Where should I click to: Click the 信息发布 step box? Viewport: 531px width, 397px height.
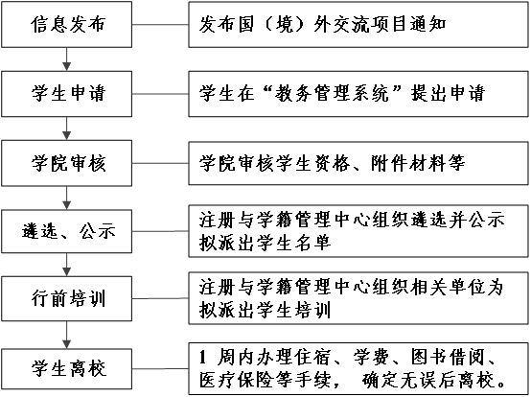click(x=66, y=24)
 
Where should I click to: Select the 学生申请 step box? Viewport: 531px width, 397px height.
click(x=66, y=94)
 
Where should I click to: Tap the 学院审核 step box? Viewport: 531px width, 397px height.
click(x=66, y=163)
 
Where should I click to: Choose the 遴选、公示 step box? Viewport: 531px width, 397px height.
click(x=66, y=231)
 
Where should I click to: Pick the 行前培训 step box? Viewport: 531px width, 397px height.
click(x=66, y=298)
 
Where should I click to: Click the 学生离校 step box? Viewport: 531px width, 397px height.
click(x=66, y=369)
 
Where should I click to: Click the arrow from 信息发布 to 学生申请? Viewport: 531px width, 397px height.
click(x=67, y=59)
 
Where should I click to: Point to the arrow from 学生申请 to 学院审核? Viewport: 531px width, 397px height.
click(x=67, y=128)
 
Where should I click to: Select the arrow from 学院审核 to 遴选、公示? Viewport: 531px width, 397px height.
click(x=67, y=198)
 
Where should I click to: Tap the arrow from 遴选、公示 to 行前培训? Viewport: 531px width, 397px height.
click(x=67, y=265)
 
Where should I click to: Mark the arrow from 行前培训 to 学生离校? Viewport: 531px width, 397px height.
click(x=67, y=335)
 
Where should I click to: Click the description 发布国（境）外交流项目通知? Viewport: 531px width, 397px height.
click(x=322, y=24)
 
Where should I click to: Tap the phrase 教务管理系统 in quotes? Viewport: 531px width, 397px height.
click(x=332, y=93)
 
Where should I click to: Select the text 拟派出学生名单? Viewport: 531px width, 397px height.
click(x=265, y=243)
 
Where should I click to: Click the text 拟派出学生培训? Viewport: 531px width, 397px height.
click(x=265, y=310)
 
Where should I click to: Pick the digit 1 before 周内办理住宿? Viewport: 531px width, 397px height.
click(x=202, y=358)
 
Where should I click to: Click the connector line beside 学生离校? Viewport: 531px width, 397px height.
click(x=160, y=368)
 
